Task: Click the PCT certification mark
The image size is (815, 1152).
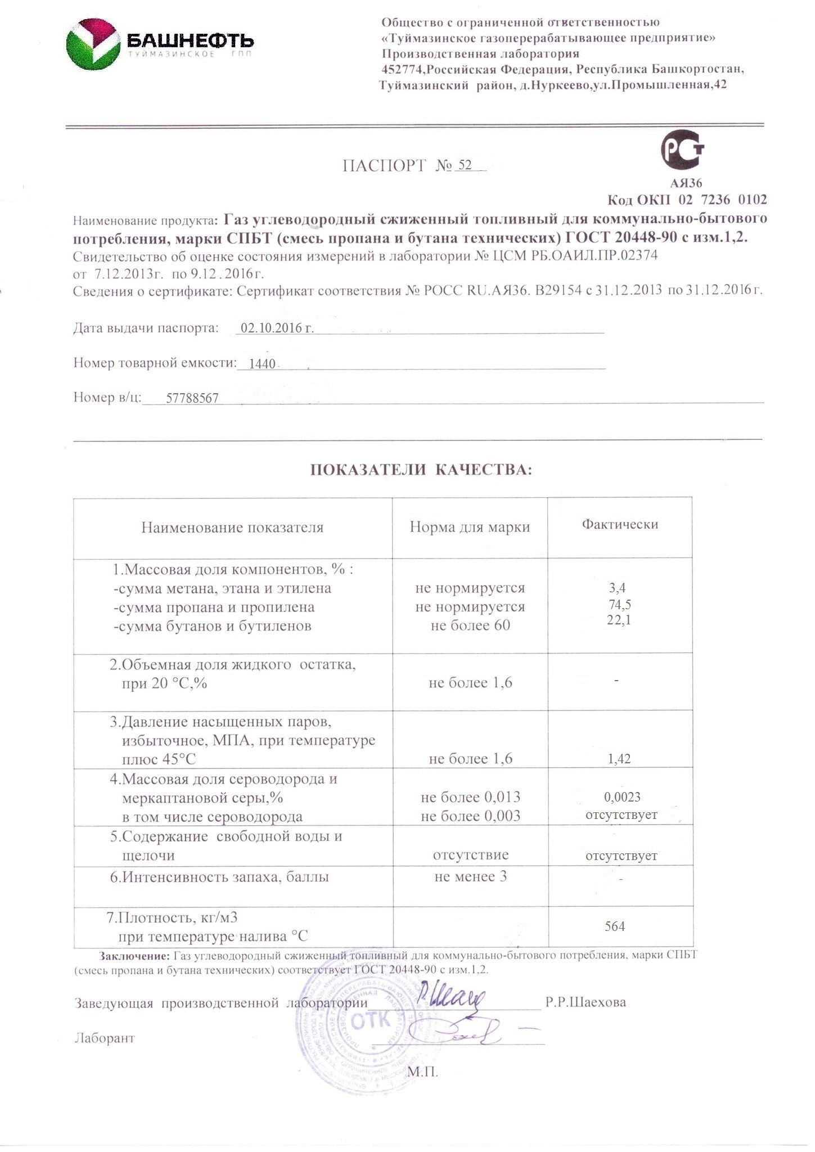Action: [682, 150]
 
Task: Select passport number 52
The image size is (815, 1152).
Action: [465, 165]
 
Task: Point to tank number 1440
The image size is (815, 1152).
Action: [262, 364]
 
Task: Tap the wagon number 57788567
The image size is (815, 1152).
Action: [192, 399]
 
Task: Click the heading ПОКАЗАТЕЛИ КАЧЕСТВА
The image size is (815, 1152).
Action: [421, 470]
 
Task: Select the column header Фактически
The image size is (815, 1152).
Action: [620, 524]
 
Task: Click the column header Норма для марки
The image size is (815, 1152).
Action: [470, 527]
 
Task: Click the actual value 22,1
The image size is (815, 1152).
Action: [619, 620]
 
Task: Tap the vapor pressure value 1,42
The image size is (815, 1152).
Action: [619, 759]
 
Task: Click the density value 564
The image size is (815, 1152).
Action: [615, 926]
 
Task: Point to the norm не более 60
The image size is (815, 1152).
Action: [470, 625]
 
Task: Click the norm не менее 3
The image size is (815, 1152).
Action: [470, 876]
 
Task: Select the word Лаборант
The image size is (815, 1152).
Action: [105, 1038]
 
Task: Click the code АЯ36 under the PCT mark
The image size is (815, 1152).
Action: [686, 183]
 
